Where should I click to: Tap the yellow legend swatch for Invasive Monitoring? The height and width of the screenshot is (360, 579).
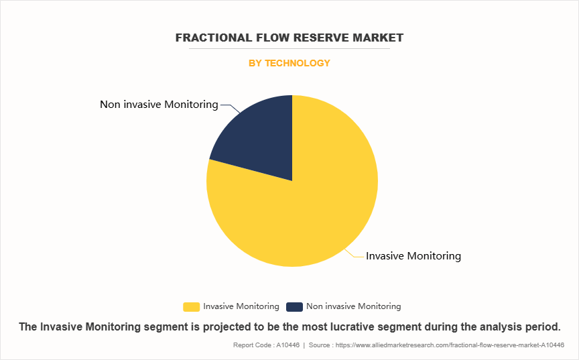click(x=191, y=307)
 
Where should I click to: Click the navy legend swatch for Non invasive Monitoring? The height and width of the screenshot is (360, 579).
click(x=294, y=307)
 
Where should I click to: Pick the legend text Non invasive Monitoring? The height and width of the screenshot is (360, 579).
click(x=353, y=306)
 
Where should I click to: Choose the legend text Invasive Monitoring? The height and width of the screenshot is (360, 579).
click(x=241, y=306)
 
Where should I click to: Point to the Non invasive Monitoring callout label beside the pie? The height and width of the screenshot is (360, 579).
click(x=159, y=105)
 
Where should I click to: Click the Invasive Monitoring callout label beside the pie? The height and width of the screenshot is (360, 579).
click(x=413, y=256)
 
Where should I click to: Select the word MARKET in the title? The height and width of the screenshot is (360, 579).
click(x=378, y=38)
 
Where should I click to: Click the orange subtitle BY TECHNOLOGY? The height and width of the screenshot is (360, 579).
click(x=289, y=63)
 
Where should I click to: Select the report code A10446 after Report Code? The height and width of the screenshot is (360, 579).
click(x=288, y=345)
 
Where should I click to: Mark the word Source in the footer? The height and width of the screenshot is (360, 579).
click(x=319, y=345)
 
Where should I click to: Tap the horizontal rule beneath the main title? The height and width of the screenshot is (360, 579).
click(x=289, y=48)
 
